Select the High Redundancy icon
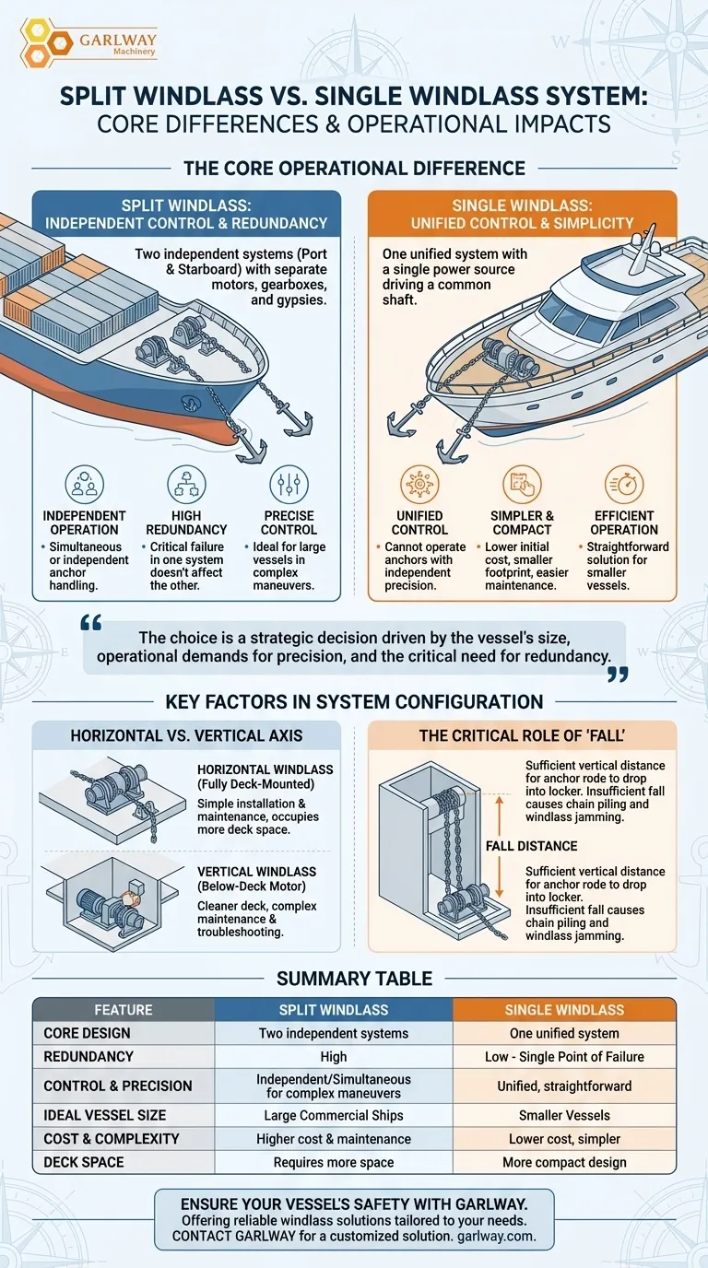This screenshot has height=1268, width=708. point(186,484)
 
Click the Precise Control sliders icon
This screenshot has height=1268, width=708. point(289,484)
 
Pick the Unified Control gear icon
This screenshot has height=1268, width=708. point(419,484)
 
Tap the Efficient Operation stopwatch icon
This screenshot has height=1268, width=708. point(624,484)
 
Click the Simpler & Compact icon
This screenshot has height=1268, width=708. point(522,484)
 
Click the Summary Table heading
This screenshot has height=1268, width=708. point(354,978)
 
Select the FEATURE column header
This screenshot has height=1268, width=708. point(124,1010)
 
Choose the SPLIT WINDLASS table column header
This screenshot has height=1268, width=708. point(334,1010)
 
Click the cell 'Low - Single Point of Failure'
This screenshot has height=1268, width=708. point(564,1057)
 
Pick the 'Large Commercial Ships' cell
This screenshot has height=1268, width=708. point(334,1116)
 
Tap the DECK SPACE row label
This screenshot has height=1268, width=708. point(84,1162)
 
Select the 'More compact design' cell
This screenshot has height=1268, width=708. point(564,1162)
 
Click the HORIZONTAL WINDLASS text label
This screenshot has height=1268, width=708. point(265,769)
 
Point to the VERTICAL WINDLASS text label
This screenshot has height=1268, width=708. point(257,872)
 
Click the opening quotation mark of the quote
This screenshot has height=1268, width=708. point(91,623)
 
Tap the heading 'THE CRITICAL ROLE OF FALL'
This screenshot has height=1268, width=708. point(523,735)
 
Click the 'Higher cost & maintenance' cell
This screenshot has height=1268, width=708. point(334,1139)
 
